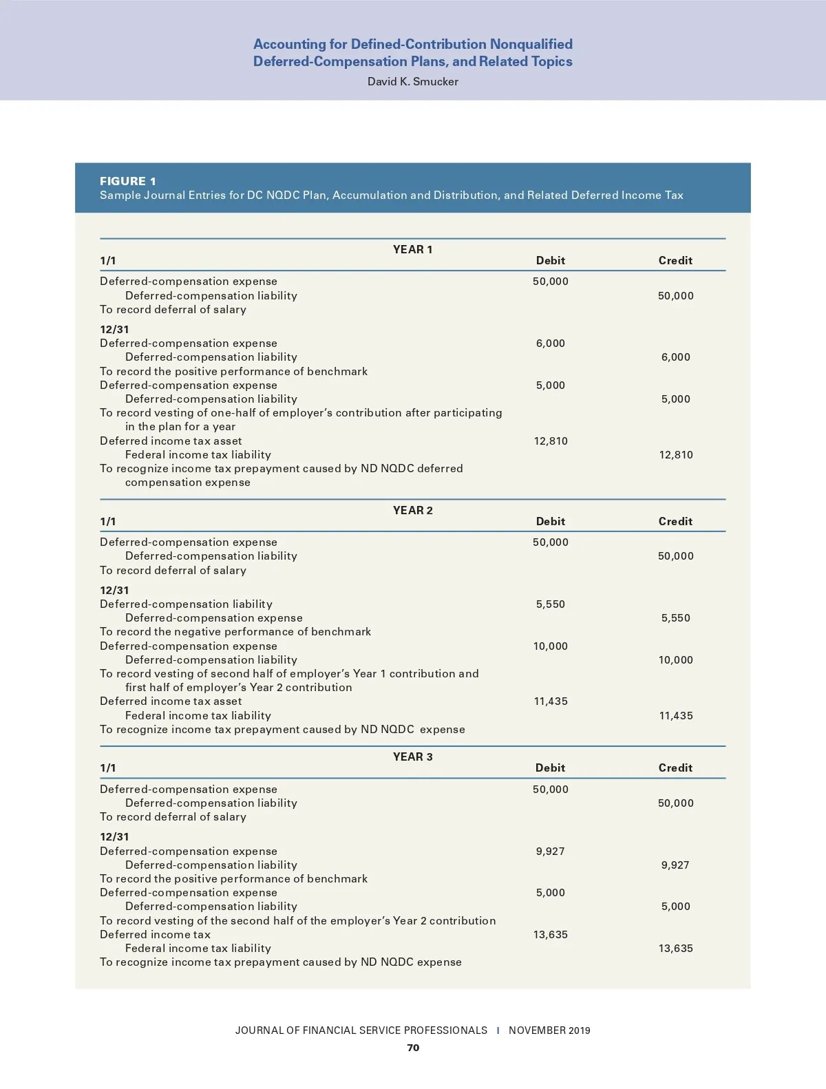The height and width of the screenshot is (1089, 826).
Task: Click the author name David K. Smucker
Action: coord(412,81)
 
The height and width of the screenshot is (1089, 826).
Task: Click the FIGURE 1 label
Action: coord(128,181)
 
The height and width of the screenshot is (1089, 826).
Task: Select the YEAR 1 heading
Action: coord(412,249)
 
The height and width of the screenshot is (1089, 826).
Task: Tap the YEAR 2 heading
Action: coord(412,510)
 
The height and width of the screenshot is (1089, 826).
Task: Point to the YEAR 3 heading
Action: coord(412,757)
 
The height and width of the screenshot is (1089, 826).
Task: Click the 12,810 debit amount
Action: coord(551,441)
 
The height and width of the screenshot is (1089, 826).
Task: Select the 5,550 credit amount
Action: coord(675,617)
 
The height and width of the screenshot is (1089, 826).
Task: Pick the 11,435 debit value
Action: coord(551,701)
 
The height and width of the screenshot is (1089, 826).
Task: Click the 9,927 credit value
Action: coord(675,865)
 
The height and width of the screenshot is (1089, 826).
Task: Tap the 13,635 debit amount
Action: coord(551,934)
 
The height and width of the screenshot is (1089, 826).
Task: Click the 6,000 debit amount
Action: coord(551,343)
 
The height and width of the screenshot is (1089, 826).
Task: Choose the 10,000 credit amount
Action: coord(675,659)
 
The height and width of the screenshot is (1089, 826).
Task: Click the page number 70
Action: coord(413,1048)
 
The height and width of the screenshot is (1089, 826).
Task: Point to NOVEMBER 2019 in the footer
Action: coord(549,1030)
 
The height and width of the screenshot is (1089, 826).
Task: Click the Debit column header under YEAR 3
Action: coord(550,768)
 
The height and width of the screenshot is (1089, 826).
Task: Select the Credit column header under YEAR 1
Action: coord(675,260)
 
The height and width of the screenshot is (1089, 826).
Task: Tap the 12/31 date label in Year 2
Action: coord(114,590)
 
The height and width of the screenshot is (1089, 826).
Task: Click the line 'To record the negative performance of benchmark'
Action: coord(235,631)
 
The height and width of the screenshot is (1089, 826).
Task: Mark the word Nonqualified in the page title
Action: coord(531,44)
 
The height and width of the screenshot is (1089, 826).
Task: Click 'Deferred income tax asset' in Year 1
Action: coord(171,441)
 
